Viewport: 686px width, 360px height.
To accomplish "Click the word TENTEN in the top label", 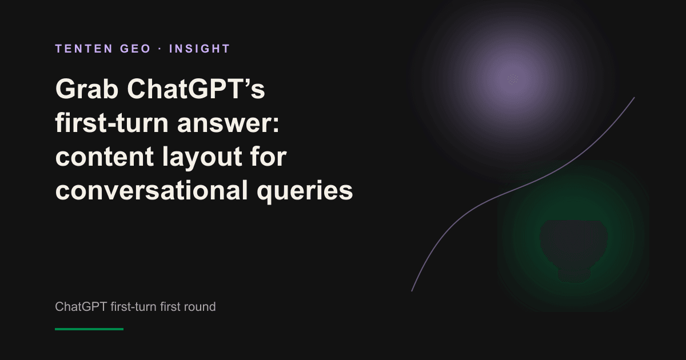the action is tap(84, 49).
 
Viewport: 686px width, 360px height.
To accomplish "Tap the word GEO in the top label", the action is tap(135, 49).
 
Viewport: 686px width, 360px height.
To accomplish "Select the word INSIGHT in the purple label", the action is tap(200, 49).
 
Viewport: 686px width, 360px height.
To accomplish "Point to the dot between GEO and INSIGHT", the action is tap(160, 49).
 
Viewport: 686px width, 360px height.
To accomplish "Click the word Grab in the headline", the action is tap(87, 89).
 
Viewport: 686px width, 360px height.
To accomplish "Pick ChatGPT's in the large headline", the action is tap(196, 89).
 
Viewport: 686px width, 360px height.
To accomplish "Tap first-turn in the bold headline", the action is tap(112, 123).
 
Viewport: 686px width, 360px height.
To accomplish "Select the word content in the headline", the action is tap(105, 157).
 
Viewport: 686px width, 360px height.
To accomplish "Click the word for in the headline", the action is tap(268, 156).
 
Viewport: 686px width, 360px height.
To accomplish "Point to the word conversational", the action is tap(151, 190).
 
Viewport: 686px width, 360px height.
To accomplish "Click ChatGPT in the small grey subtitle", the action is tap(81, 307).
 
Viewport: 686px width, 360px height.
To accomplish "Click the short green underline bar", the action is tap(89, 329).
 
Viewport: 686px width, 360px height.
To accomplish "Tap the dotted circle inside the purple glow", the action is tap(513, 79).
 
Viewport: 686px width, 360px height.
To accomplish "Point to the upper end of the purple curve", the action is tap(634, 98).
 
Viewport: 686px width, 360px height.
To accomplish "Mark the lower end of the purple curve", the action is tap(412, 291).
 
